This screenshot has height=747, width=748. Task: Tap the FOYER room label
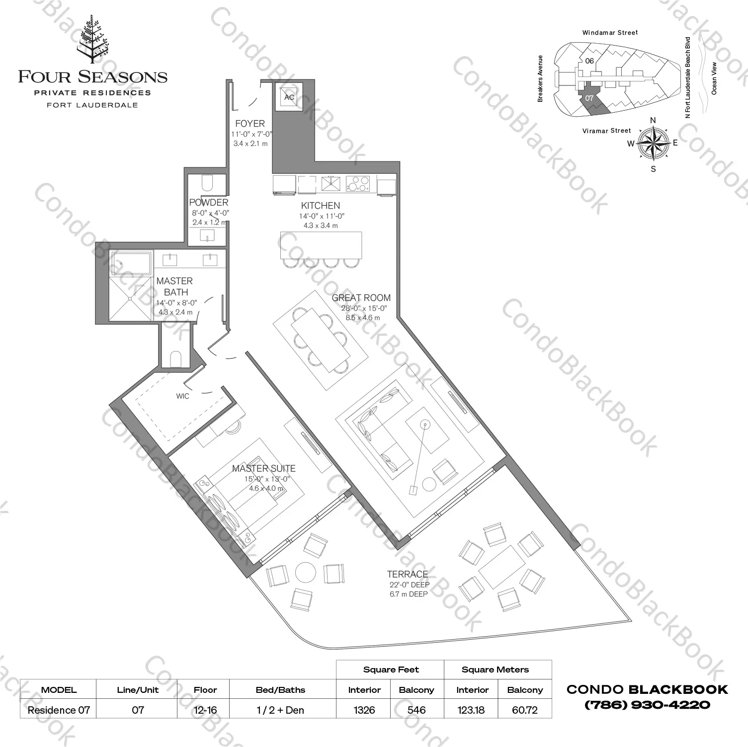click(250, 124)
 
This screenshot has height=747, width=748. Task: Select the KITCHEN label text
click(321, 206)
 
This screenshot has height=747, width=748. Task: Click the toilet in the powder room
click(208, 183)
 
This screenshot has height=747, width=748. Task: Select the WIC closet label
click(182, 396)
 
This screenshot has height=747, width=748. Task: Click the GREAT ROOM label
click(361, 298)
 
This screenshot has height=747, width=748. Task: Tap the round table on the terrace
click(306, 573)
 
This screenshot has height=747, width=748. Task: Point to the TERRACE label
click(408, 574)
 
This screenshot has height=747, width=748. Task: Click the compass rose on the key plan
click(653, 143)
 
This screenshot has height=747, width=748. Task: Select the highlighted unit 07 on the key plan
click(590, 99)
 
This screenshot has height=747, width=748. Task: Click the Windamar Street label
click(610, 33)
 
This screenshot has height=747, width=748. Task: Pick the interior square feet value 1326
click(364, 710)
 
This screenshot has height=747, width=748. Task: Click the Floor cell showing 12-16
click(205, 710)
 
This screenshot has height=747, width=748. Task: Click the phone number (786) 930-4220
click(647, 704)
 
